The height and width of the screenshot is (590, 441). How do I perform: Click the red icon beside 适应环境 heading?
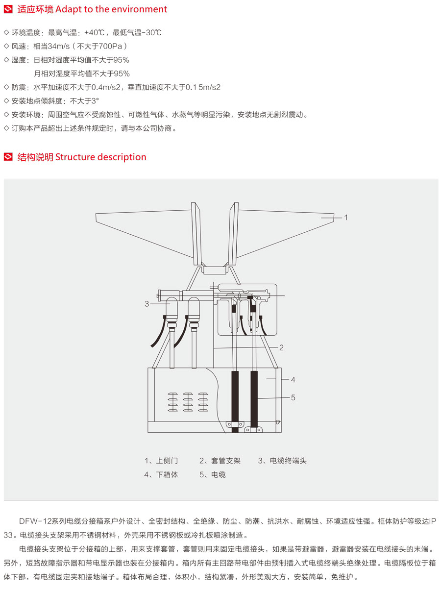point(8,9)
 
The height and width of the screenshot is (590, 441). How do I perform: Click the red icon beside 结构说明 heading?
point(8,157)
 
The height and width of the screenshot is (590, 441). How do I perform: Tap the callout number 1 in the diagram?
point(345,217)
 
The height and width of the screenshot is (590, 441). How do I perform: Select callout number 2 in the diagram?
point(281,347)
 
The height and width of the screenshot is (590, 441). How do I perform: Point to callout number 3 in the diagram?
point(147,304)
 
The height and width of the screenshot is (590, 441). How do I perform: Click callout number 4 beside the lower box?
point(293,379)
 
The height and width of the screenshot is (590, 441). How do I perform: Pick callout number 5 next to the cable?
point(293,397)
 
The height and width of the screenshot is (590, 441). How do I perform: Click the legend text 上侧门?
point(167,461)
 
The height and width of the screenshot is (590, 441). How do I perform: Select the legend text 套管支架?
point(226,461)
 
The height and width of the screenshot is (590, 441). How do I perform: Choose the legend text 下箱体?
point(167,474)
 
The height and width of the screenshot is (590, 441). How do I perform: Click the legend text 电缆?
point(218,474)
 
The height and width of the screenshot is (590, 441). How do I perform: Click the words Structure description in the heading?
point(101,157)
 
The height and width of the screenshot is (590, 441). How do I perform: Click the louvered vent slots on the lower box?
point(188,400)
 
